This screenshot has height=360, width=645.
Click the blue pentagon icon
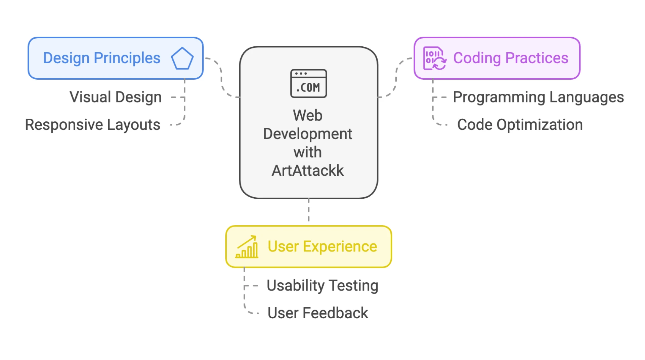point(182,58)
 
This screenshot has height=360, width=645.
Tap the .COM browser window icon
point(308,83)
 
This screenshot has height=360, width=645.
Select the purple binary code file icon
point(434,58)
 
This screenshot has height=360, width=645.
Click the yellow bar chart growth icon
point(247,247)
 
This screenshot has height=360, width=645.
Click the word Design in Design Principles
point(66,58)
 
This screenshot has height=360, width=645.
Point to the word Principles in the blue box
point(127,58)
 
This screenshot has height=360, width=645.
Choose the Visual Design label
point(116,97)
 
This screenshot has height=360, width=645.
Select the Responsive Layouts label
point(93,125)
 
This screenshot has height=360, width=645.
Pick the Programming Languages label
point(538,97)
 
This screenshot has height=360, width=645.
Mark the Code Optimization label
point(520,125)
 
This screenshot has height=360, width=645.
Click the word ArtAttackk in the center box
point(308,170)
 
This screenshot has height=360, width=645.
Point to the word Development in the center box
point(308,134)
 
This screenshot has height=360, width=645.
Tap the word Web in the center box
point(308,115)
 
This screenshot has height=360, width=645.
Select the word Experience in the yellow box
point(340,247)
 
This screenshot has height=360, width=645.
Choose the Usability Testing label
point(322,286)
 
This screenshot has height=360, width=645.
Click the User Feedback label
point(318,313)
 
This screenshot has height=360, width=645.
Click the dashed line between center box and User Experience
point(309,210)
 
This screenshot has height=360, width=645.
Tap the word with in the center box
point(308,152)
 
